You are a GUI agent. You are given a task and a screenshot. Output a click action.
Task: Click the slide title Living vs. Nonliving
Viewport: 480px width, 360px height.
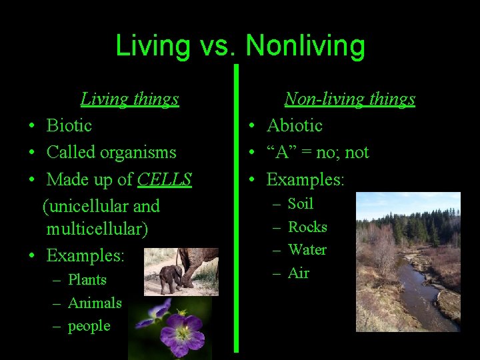240,46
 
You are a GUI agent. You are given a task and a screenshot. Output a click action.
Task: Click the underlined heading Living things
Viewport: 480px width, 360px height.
129,99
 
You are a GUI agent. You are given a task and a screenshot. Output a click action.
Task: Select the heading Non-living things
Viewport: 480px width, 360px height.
349,99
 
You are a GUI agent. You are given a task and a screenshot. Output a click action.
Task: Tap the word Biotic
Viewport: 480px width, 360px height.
69,125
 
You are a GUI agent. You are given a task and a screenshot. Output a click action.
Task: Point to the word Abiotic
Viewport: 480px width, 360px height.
294,125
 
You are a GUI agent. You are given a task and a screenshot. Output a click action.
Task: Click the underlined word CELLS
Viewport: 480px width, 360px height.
165,179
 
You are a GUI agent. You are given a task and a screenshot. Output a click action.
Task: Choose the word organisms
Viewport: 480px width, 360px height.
139,153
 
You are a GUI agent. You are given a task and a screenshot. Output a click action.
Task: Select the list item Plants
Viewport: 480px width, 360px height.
87,280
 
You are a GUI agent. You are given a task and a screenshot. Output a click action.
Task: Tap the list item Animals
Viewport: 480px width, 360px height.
95,303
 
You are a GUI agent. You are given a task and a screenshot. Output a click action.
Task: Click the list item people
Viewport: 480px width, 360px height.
89,326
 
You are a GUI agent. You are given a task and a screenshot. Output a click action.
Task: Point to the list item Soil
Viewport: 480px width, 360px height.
300,204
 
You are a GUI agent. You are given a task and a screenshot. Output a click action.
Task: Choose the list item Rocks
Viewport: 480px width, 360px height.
307,227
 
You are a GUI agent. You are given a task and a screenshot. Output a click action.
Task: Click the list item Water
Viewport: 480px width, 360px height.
307,250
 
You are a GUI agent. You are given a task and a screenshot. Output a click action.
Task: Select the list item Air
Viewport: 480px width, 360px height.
298,273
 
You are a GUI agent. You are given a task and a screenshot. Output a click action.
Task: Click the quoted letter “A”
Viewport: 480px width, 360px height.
279,153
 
